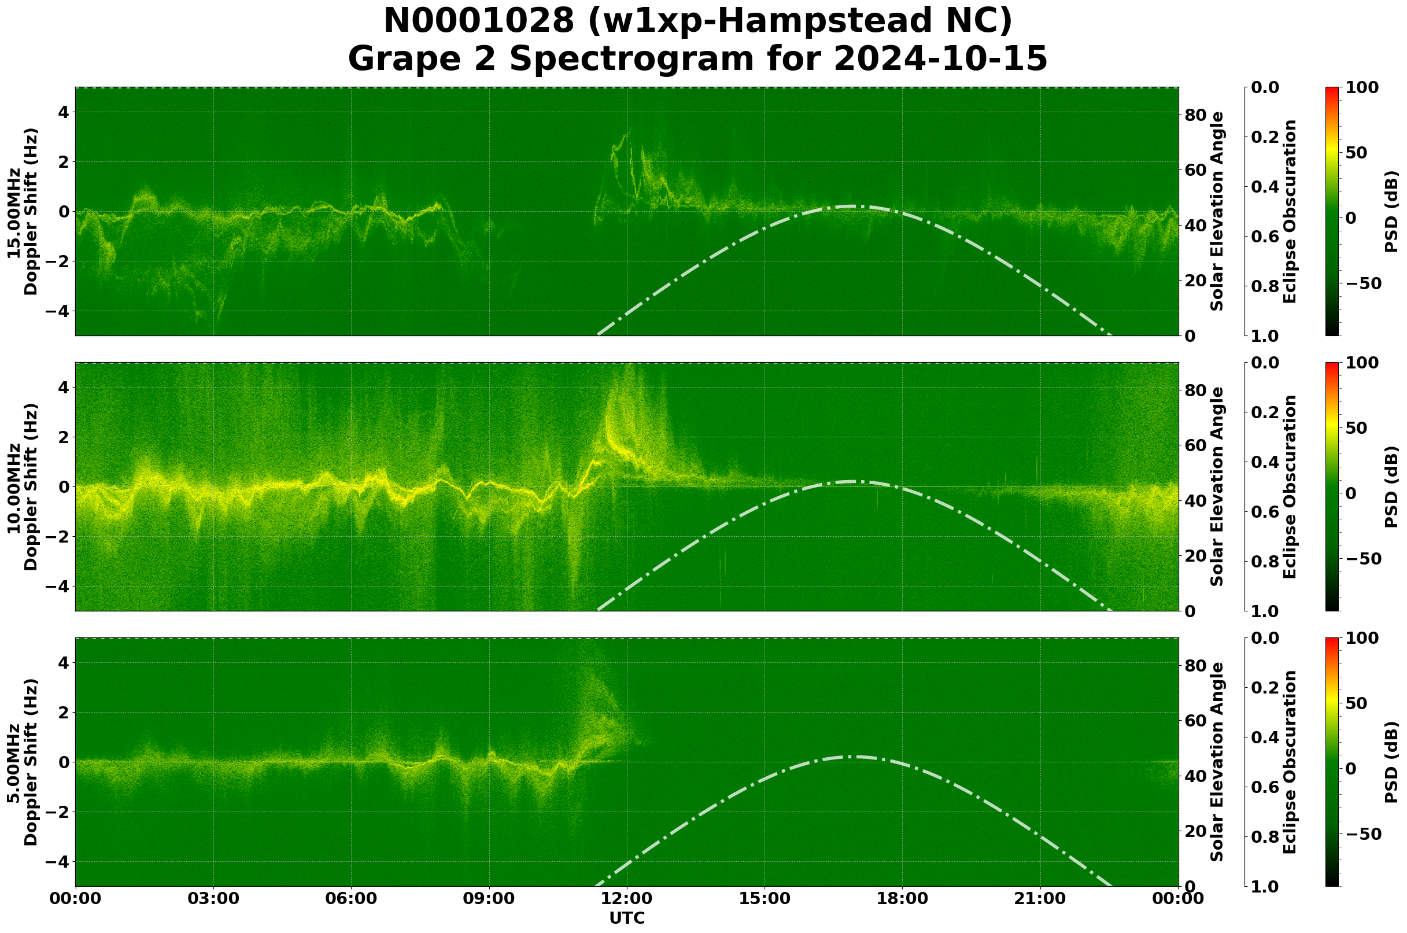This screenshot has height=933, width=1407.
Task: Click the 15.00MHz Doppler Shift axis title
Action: (x=23, y=212)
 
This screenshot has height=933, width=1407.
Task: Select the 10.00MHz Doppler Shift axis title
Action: (x=23, y=486)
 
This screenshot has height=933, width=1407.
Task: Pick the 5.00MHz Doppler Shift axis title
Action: (x=23, y=762)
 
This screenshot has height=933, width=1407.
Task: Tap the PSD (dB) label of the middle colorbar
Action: (x=1391, y=486)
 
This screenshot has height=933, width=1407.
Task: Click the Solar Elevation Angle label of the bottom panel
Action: (x=1217, y=762)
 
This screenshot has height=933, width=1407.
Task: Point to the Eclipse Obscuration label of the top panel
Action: (x=1289, y=212)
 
